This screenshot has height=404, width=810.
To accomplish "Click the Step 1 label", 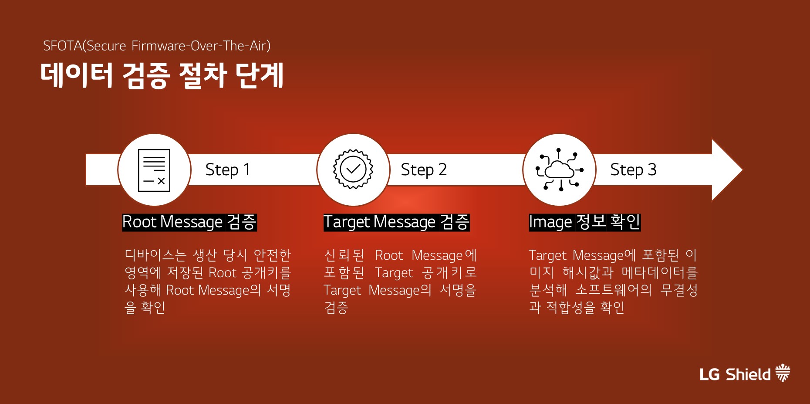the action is click(228, 170).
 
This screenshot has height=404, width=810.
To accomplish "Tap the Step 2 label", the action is click(424, 170).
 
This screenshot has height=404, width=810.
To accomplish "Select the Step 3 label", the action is click(633, 170).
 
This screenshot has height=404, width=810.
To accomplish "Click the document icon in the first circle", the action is click(154, 170).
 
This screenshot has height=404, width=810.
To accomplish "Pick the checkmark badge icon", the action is click(353, 169).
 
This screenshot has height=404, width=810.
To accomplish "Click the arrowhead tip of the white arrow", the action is click(742, 170).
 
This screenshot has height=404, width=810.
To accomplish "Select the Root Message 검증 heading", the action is click(189, 222).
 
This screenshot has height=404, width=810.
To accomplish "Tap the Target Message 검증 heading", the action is click(396, 222).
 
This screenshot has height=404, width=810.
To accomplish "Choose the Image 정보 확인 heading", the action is click(584, 222).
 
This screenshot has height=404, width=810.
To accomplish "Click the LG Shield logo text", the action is click(735, 374).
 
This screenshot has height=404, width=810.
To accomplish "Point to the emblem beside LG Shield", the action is click(783, 373).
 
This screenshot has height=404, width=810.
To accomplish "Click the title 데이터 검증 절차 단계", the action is click(162, 75).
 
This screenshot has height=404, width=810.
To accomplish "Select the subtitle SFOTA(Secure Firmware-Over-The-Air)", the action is click(157, 46).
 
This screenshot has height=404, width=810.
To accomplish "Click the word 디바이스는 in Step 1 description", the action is click(155, 255).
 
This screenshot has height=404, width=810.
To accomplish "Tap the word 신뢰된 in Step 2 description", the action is click(344, 255).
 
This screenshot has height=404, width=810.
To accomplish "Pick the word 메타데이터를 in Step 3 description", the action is click(659, 273).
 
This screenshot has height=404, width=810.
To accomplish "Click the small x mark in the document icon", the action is click(161, 181).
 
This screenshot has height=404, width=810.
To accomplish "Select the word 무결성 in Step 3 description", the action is click(679, 290).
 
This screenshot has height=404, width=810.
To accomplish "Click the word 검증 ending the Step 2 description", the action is click(336, 308).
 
